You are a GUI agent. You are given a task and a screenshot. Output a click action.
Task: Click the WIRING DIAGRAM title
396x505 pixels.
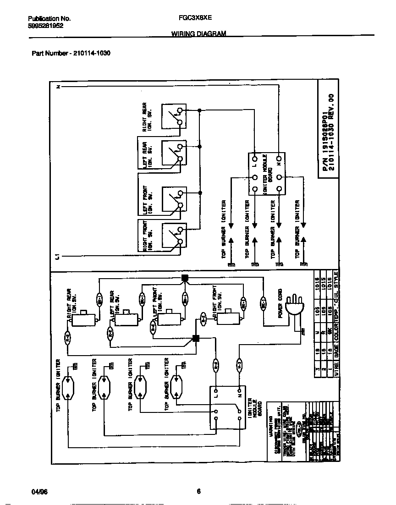click(198, 34)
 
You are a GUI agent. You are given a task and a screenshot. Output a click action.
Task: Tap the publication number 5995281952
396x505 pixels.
click(46, 26)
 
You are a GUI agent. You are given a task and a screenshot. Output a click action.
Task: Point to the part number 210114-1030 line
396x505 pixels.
click(71, 53)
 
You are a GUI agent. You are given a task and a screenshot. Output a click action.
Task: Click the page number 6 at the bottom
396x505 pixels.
click(198, 492)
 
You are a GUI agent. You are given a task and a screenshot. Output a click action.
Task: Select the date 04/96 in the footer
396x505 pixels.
click(40, 492)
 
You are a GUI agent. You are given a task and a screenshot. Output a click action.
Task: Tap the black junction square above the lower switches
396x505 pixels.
click(185, 278)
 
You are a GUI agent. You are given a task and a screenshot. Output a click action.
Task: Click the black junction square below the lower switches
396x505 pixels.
click(196, 339)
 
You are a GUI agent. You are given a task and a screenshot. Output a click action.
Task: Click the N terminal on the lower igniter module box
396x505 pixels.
click(239, 392)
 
